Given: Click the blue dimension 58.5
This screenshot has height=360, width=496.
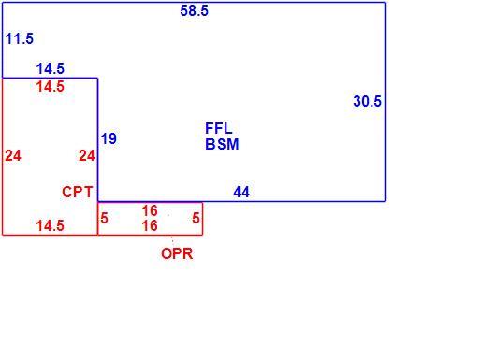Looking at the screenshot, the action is point(195,10).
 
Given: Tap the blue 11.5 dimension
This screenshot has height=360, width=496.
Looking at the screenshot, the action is point(20,38).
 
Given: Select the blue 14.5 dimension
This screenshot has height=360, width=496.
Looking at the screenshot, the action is point(51,68).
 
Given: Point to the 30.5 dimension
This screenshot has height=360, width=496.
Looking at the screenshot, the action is point(367,101).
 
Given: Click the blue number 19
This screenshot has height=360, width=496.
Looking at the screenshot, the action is point(109,138).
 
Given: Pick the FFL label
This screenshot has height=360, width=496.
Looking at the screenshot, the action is point(219,128).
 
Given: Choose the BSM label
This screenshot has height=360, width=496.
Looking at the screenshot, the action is point(222,144).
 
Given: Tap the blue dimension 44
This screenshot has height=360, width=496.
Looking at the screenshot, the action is point(241,192).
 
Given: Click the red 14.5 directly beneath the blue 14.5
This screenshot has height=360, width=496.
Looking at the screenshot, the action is point(51,86).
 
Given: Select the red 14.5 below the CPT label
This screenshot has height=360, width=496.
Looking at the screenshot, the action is point(51,225).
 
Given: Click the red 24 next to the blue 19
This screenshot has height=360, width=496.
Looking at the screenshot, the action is point(87,155).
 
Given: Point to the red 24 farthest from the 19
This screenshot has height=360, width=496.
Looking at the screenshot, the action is point(13,155).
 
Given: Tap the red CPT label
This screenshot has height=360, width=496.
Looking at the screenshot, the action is point(78,192).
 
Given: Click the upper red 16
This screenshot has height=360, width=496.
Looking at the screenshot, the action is point(150,210).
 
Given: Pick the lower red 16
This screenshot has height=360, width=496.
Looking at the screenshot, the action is point(150,225).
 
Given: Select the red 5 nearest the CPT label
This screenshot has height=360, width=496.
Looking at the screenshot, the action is point(105,218).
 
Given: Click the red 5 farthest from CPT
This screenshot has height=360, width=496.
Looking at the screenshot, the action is point(197,218).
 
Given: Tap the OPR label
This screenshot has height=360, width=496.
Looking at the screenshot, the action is point(177,253).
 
